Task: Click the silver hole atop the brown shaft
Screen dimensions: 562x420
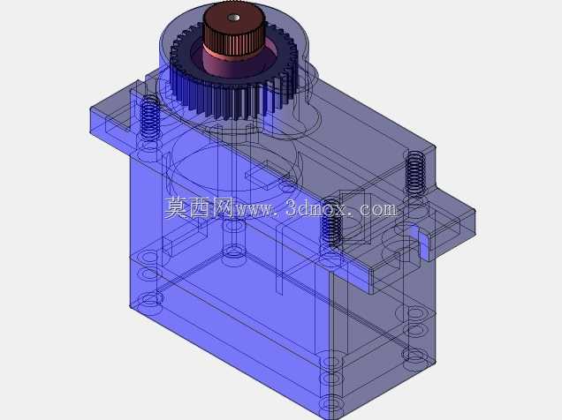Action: coord(234,17)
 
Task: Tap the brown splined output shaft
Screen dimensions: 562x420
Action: coord(234,30)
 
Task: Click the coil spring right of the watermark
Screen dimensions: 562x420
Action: coord(415,173)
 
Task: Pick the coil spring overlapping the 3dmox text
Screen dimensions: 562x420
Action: coord(331,222)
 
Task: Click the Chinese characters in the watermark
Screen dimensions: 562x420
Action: coord(200,208)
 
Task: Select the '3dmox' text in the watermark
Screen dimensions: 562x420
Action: coord(316,207)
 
